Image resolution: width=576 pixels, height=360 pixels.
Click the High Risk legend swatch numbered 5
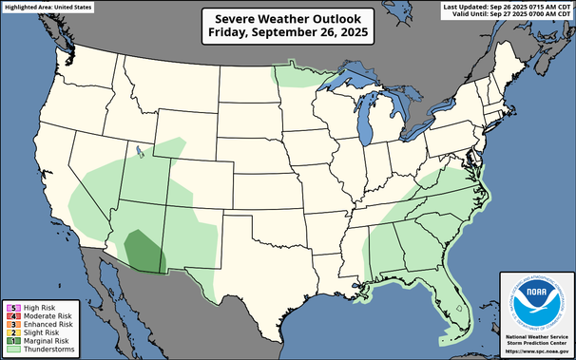(x=9, y=307)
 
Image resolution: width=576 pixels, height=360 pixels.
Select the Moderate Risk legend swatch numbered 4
(x=9, y=315)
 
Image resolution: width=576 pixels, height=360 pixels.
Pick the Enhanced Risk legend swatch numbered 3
(x=9, y=324)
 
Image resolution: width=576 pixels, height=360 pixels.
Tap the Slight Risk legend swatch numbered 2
(x=9, y=332)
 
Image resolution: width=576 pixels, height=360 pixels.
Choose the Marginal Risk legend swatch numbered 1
(x=9, y=341)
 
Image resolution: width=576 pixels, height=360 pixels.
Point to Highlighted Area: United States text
(x=48, y=7)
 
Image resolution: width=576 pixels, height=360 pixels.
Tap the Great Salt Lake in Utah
(x=140, y=150)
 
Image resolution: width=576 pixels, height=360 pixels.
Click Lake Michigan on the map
(x=364, y=119)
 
